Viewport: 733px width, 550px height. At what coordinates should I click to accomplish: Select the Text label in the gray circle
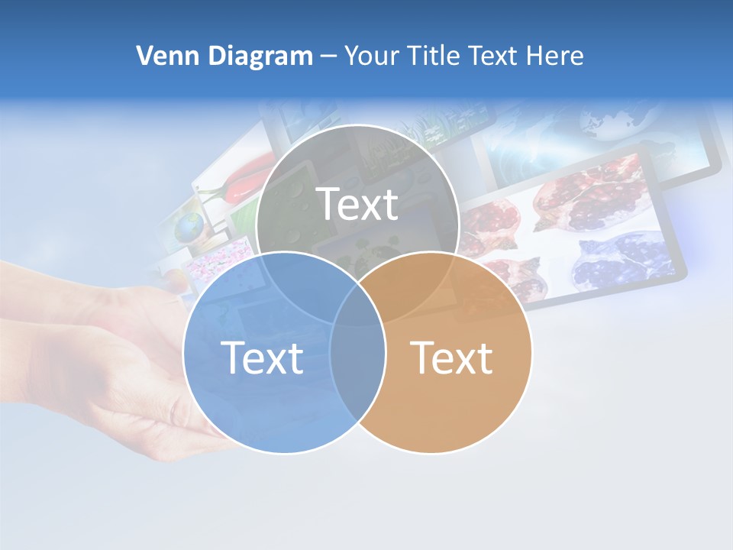(357, 204)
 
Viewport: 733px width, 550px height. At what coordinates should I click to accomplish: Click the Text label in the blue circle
(262, 357)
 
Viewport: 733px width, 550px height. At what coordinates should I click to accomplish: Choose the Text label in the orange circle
(452, 357)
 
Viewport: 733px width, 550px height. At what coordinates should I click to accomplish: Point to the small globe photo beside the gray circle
(189, 227)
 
